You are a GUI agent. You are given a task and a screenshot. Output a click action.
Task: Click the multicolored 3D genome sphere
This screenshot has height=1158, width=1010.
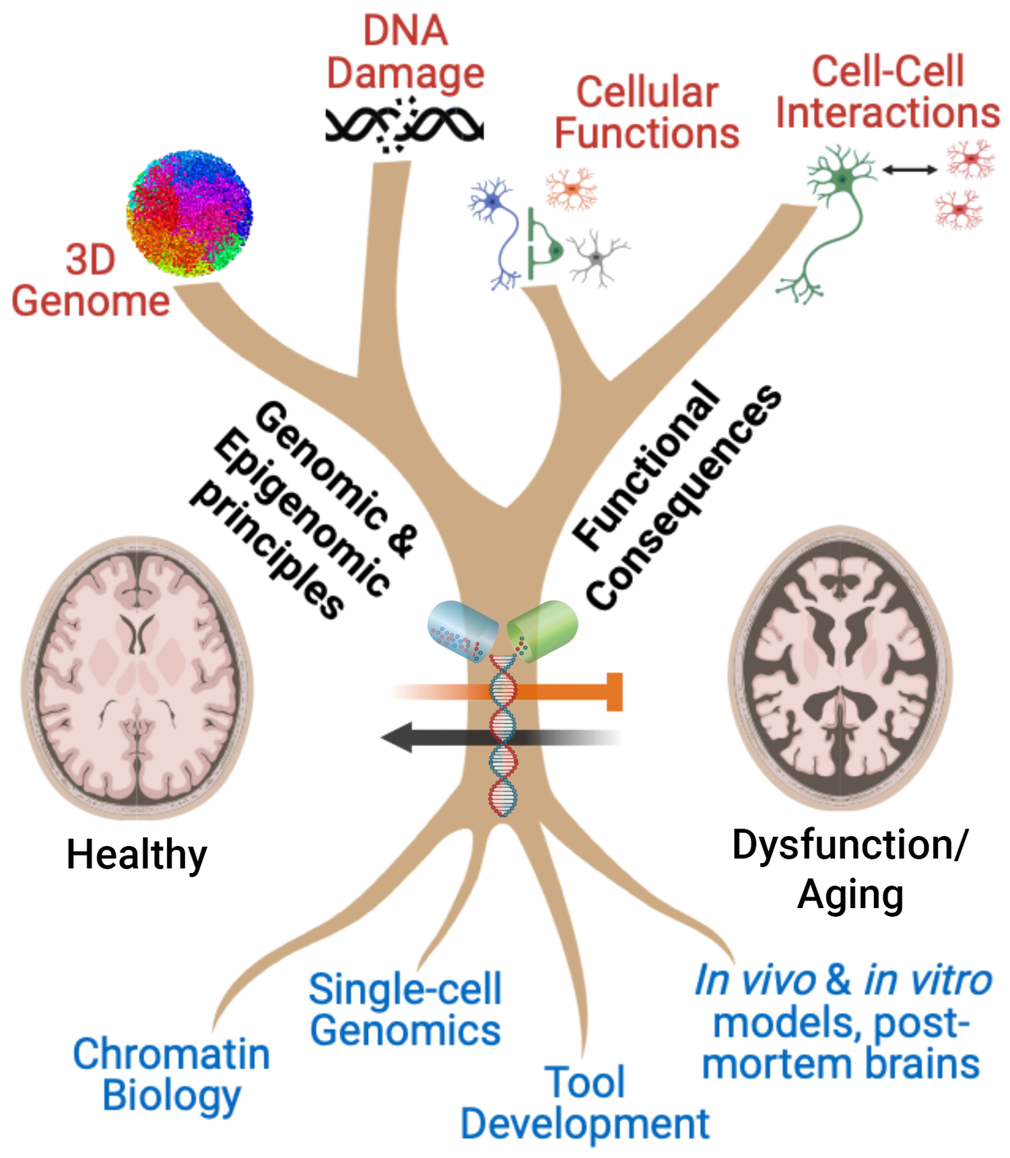pyautogui.click(x=189, y=214)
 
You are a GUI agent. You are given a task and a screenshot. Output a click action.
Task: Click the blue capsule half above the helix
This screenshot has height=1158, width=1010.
pyautogui.click(x=461, y=631)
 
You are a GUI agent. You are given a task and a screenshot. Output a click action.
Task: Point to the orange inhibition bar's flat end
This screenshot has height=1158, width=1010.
pyautogui.click(x=615, y=691)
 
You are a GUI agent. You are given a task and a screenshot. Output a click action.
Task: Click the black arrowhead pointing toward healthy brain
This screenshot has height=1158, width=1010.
pyautogui.click(x=398, y=737)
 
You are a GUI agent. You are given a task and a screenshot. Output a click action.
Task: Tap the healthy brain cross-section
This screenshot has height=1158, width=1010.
pyautogui.click(x=138, y=677)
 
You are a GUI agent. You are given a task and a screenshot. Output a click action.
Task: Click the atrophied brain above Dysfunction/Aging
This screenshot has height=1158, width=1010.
pyautogui.click(x=840, y=668)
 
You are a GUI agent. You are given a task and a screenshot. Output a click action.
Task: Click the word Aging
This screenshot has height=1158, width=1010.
pyautogui.click(x=850, y=895)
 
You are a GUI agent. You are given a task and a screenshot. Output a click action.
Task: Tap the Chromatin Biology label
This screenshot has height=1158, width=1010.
pyautogui.click(x=171, y=1074)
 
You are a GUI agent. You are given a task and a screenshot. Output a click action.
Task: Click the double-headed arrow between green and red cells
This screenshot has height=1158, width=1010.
pyautogui.click(x=909, y=170)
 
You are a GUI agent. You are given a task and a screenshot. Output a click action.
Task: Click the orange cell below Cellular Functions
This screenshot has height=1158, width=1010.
pyautogui.click(x=571, y=189)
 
